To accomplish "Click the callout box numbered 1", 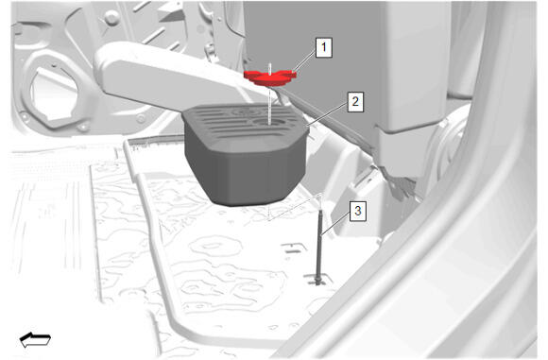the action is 324,47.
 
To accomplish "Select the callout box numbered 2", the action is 355,102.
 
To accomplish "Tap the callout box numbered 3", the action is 357,211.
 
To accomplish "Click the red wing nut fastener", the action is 270,77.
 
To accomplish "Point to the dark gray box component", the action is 245,154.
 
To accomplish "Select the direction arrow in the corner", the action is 35,340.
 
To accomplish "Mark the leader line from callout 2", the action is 327,114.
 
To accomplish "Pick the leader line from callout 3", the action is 335,223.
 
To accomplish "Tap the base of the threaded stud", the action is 318,281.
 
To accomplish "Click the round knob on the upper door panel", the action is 111,17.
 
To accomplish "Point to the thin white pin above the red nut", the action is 269,68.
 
